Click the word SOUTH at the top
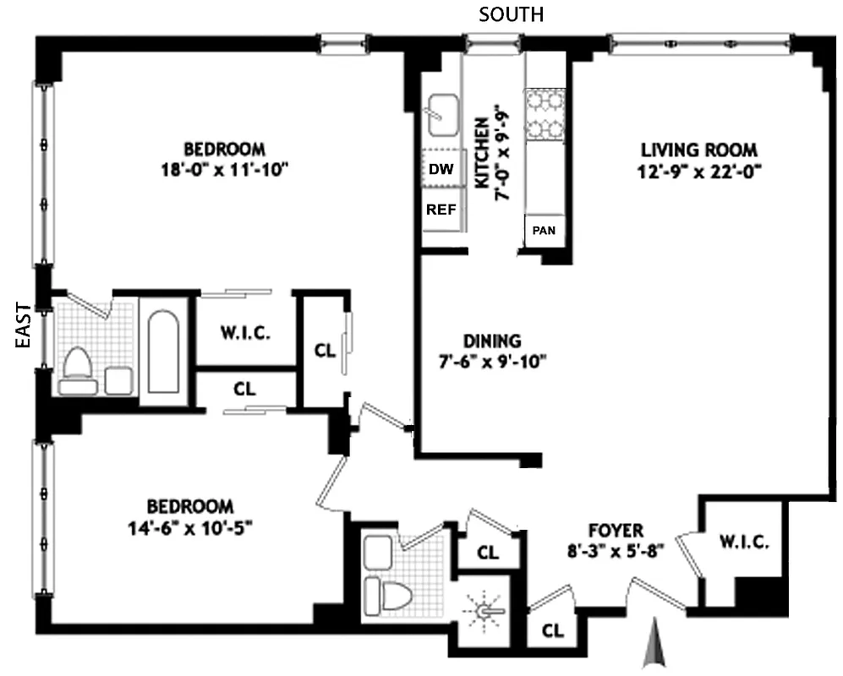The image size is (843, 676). [x=511, y=14]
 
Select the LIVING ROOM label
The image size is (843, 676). [x=698, y=150]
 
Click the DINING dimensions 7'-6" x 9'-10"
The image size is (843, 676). [x=492, y=363]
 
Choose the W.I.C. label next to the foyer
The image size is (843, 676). [x=745, y=542]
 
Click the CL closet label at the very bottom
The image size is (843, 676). [x=553, y=630]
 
